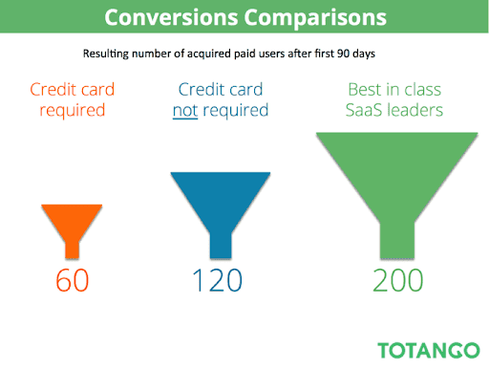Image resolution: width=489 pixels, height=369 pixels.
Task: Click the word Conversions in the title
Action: click(x=171, y=17)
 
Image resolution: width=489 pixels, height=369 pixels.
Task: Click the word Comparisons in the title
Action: click(x=315, y=18)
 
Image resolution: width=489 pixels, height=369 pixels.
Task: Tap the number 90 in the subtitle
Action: click(x=344, y=54)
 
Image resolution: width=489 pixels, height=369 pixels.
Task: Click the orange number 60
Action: click(x=73, y=280)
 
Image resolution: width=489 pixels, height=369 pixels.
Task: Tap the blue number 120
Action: click(x=218, y=280)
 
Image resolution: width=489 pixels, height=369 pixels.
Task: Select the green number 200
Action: click(x=398, y=280)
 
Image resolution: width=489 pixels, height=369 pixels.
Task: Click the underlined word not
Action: click(x=185, y=111)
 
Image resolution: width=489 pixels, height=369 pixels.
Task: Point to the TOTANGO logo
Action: click(x=429, y=351)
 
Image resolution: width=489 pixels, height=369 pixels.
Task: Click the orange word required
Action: click(x=73, y=111)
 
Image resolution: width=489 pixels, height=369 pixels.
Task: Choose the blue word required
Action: click(x=236, y=111)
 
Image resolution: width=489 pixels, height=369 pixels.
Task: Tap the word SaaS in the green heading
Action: click(x=364, y=110)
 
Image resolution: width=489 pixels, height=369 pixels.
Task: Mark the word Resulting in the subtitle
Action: click(x=106, y=54)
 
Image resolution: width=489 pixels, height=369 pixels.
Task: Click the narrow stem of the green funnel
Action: click(x=397, y=241)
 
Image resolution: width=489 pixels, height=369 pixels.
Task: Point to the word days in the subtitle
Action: click(x=364, y=54)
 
